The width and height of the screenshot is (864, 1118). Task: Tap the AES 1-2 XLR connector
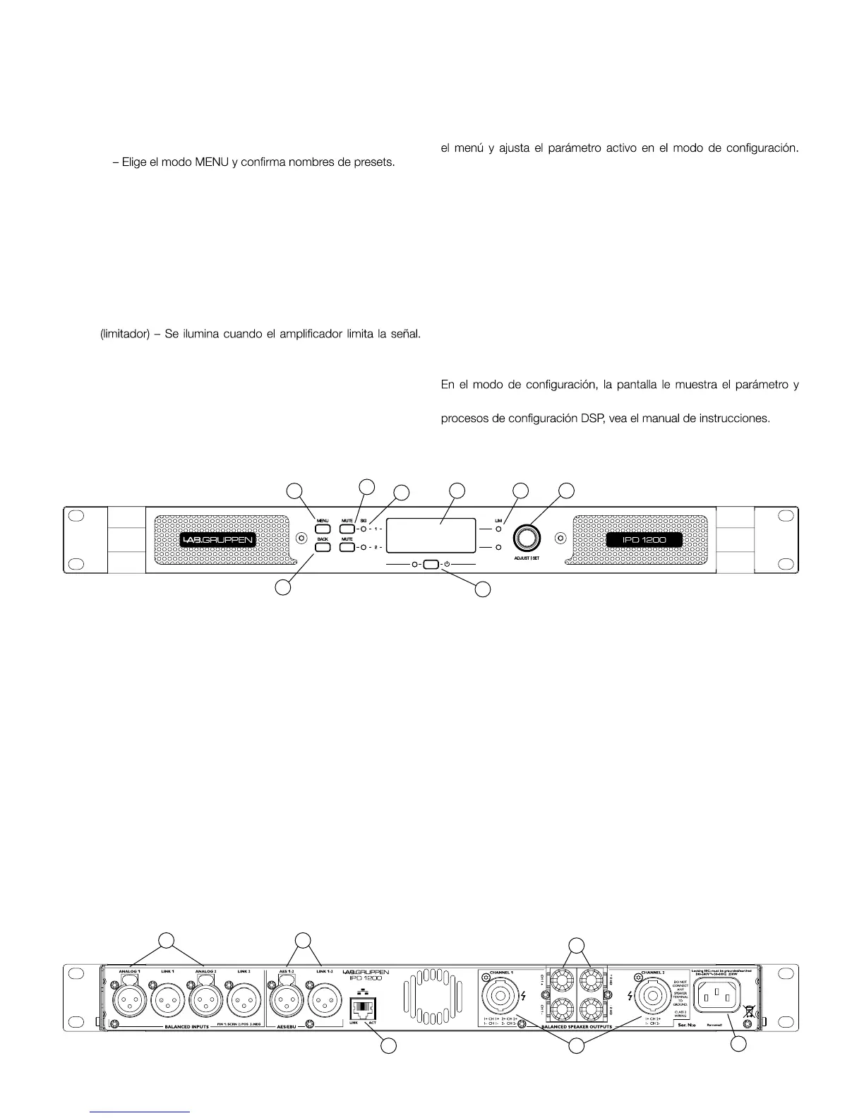[x=285, y=1000]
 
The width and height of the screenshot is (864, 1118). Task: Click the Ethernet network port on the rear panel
[x=363, y=1003]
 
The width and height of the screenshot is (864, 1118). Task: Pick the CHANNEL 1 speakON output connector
[x=500, y=997]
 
